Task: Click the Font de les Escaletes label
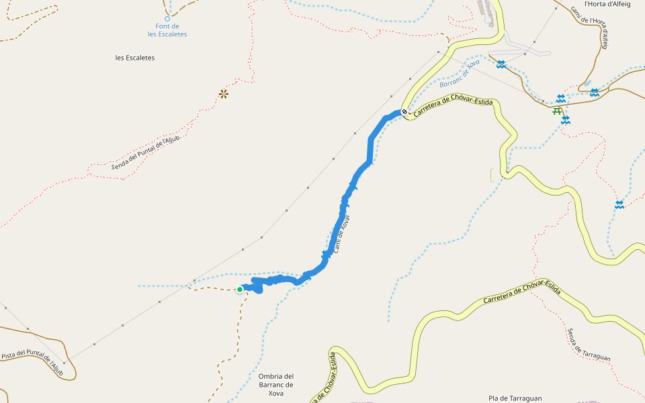coord(167,30)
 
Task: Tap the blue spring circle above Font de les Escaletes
coord(167,19)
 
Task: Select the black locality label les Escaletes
coord(135,58)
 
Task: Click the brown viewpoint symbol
coord(224,94)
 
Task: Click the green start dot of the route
coord(240,289)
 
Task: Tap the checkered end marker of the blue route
coord(404,112)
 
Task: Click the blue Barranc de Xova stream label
coord(460,74)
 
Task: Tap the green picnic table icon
coord(557,111)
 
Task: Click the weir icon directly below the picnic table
coord(566,120)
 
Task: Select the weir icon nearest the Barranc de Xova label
coord(501,64)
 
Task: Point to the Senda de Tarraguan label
coord(589,345)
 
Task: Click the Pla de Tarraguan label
coord(515,398)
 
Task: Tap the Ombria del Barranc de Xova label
coord(276,384)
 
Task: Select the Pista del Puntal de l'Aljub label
coord(32,363)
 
